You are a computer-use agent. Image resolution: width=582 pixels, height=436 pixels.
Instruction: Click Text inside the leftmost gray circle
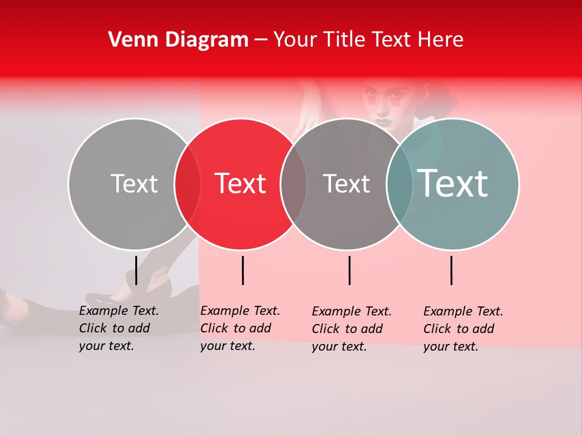[134, 184]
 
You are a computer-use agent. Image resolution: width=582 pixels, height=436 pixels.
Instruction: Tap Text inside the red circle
[240, 184]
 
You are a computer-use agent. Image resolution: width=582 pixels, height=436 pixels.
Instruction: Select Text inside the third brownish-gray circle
[346, 184]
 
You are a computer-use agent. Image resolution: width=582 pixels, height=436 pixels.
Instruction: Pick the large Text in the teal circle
[452, 183]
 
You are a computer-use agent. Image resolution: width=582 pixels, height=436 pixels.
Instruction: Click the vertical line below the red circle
[242, 270]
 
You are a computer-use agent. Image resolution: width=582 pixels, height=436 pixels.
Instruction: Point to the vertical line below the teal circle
[451, 270]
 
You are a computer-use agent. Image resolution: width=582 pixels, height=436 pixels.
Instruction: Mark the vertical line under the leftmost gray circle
[136, 270]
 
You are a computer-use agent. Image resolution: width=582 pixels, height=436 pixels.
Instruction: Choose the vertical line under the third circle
[349, 270]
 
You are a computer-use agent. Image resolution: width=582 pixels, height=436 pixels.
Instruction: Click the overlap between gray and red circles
[187, 184]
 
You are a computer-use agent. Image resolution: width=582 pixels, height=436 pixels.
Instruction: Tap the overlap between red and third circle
[293, 184]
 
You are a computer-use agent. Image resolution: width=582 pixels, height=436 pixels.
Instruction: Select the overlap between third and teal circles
[400, 184]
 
